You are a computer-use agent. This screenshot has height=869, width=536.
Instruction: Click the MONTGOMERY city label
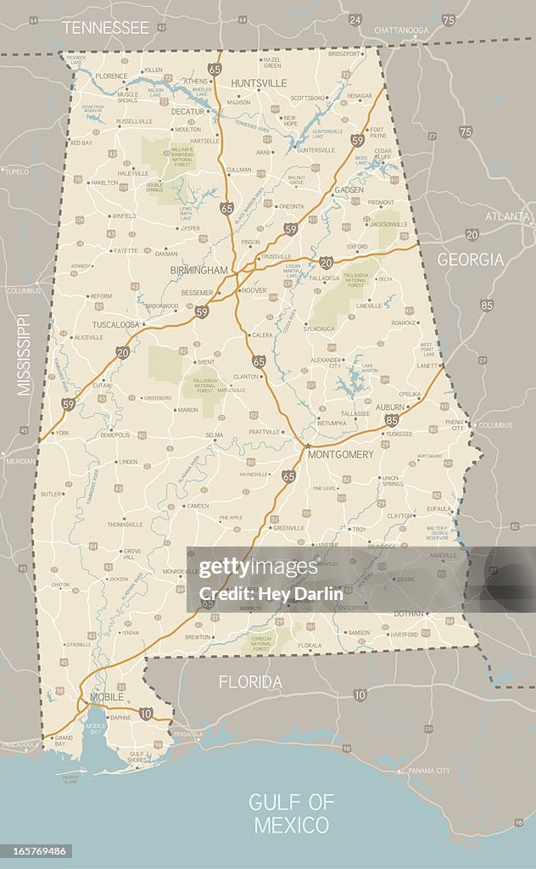[x=340, y=455]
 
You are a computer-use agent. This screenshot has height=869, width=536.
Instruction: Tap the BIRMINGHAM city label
[x=199, y=270]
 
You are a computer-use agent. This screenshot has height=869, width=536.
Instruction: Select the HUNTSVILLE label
[x=259, y=83]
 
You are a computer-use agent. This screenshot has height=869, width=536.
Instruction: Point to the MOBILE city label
[x=107, y=697]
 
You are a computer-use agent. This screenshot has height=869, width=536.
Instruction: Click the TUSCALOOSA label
[x=116, y=324]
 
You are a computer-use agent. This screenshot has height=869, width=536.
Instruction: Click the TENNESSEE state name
[x=105, y=27]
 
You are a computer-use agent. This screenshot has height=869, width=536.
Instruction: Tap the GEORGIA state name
[x=470, y=260]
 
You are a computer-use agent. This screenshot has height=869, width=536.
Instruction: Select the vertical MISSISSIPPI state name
[x=24, y=354]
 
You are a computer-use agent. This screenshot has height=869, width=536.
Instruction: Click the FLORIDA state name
[x=250, y=681]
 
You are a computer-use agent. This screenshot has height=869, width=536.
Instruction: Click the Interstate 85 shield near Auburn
[x=391, y=419]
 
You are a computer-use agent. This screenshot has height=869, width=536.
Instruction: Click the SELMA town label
[x=215, y=434]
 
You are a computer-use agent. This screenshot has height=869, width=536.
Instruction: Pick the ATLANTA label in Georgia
[x=508, y=216]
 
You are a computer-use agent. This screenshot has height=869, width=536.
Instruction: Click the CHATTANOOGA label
[x=401, y=30]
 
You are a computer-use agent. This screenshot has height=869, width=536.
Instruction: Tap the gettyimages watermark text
[x=259, y=567]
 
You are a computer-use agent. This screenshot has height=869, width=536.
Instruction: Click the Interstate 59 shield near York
[x=68, y=404]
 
